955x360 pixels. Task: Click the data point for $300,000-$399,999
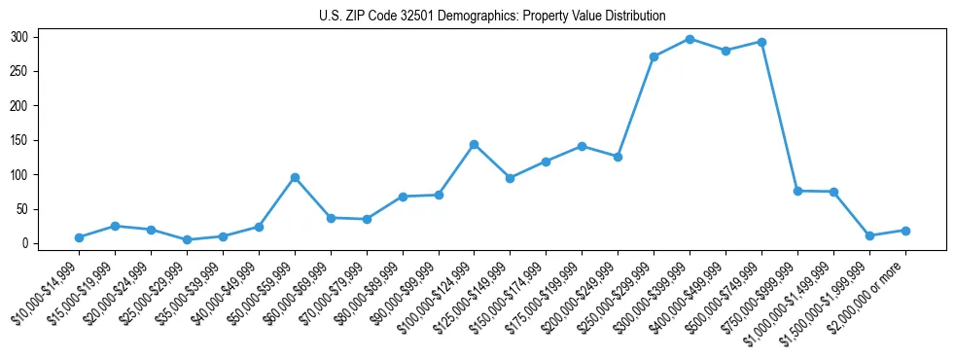click(690, 39)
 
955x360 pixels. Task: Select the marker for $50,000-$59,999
click(295, 177)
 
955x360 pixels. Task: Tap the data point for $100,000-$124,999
click(474, 144)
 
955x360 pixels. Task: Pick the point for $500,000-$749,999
click(761, 42)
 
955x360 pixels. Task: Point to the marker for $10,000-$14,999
click(79, 237)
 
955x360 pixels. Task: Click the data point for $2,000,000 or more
click(905, 231)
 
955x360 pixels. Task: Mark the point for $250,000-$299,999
click(654, 56)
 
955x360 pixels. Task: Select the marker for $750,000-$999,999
click(797, 191)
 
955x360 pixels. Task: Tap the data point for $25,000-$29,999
click(187, 239)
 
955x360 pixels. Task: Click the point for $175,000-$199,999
click(582, 146)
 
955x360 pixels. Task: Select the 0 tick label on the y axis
click(35, 243)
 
